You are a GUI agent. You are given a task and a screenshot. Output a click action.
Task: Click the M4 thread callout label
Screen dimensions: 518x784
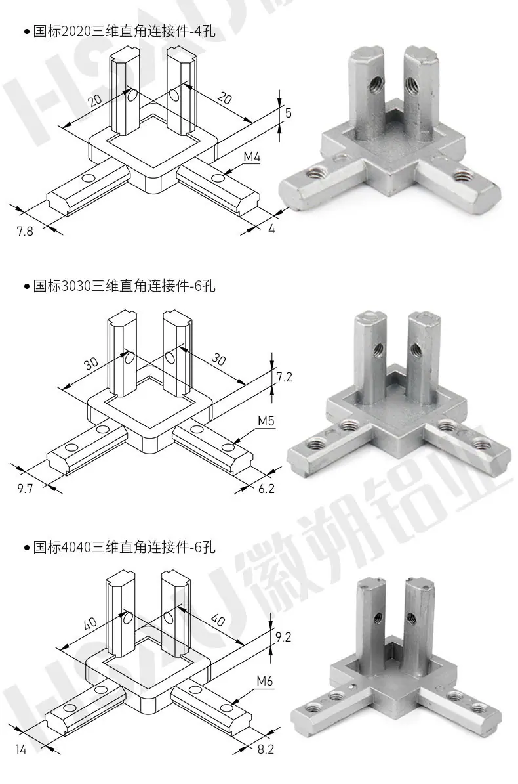coord(252,157)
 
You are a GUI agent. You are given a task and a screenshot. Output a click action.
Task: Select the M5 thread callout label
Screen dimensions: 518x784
coord(266,421)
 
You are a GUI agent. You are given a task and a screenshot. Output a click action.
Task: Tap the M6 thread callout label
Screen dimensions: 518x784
coord(265,681)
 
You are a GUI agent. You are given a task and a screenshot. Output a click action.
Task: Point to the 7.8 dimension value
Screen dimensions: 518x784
coord(25,231)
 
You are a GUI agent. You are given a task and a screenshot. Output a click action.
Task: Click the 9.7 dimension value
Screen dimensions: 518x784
coord(25,489)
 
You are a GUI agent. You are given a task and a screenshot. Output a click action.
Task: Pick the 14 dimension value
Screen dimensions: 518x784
coord(21,749)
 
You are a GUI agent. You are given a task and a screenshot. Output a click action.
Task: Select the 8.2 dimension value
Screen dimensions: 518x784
coord(266,749)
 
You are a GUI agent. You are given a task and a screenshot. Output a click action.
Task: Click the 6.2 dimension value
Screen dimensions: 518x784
coord(266,489)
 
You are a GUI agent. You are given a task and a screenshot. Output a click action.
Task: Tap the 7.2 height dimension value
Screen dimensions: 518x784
coord(284,376)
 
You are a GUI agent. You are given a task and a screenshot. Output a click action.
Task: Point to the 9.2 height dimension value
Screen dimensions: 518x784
coord(283,636)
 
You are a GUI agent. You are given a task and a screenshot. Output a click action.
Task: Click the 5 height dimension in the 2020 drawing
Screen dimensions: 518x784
coord(289,113)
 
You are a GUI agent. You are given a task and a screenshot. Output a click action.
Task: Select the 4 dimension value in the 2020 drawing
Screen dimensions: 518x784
coord(271,229)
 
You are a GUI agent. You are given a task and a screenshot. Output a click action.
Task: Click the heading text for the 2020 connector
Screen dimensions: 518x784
coord(125,32)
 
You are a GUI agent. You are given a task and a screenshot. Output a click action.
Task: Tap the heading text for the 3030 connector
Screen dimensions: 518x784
coord(125,286)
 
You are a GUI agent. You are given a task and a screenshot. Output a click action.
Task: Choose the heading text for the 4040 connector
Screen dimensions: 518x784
coord(125,547)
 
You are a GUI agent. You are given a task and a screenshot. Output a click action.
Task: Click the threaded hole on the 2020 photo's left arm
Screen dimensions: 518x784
coord(315,174)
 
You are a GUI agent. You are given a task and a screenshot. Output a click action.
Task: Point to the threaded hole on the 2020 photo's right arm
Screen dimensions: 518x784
coord(464,175)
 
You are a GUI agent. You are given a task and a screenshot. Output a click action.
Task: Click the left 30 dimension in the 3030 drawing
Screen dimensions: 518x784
coord(91,363)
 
